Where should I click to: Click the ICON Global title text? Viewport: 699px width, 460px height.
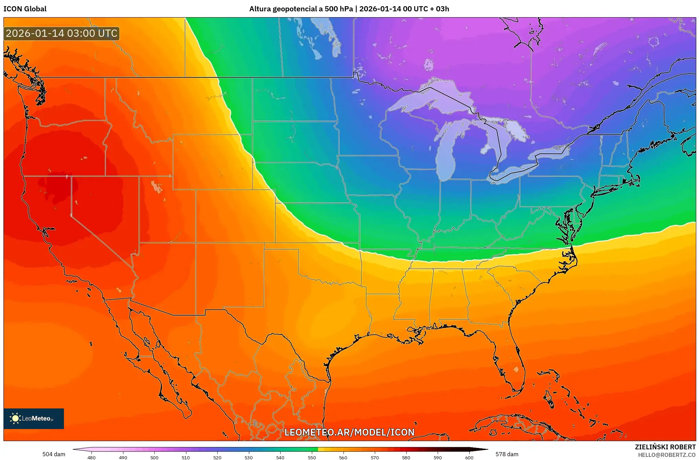click(25, 9)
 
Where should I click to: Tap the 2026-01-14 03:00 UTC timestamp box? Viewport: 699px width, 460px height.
click(62, 33)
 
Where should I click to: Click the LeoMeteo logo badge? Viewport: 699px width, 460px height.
click(34, 418)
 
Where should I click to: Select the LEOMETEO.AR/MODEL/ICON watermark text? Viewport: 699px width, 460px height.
click(349, 432)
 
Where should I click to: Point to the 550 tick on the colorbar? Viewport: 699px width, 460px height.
click(312, 457)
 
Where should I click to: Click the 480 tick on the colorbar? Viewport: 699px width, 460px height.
click(91, 457)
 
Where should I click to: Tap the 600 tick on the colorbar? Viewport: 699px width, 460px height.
click(469, 457)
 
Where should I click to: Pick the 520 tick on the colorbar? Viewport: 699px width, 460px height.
click(217, 457)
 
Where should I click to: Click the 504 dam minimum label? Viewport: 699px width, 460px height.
click(54, 454)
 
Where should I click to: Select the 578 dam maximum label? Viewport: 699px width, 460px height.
click(507, 454)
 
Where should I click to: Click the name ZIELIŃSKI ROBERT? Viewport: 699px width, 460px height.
click(665, 447)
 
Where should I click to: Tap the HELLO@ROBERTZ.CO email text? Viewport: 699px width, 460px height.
click(667, 455)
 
